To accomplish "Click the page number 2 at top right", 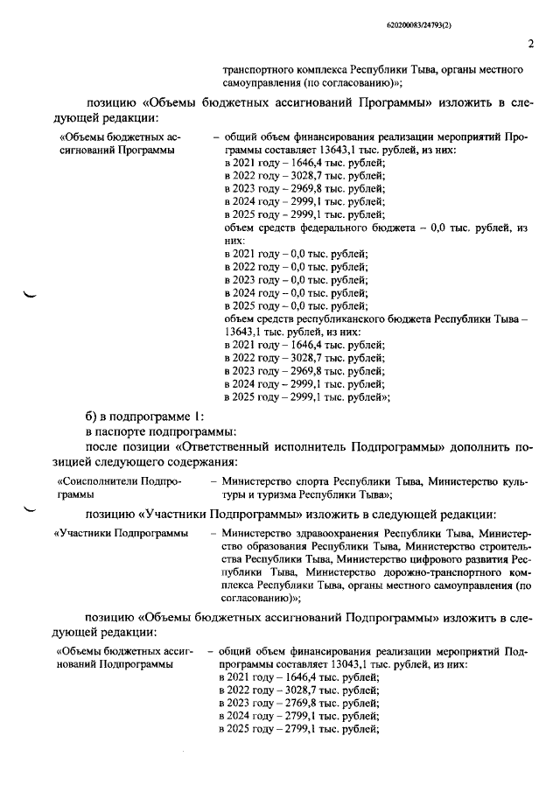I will point(530,44).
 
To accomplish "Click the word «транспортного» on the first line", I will point(258,68).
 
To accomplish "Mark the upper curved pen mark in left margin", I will point(31,295).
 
